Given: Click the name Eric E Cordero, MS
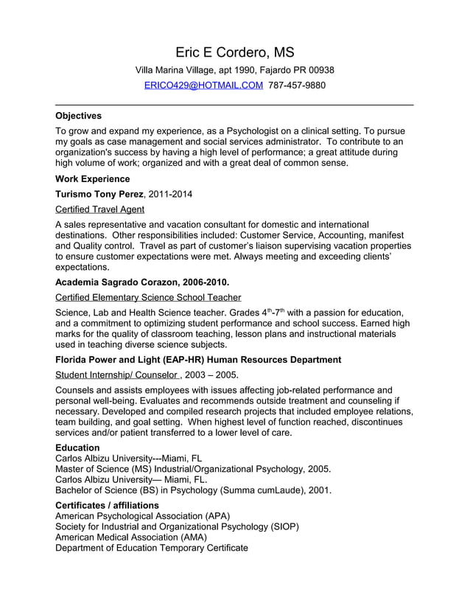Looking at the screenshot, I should coord(234,52).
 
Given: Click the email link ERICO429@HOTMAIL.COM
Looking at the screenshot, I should coord(203,86).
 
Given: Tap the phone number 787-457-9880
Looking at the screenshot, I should coord(297,86).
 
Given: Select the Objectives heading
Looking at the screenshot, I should coord(79,116).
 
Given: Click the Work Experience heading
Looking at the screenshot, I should coord(93,179).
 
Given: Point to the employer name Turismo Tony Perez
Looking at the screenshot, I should coord(99,194).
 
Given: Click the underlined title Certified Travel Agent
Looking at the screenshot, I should coord(100,209).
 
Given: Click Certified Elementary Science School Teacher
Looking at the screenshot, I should coord(148,297).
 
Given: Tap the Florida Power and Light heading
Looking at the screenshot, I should coord(198,360).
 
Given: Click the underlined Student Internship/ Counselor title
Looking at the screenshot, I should coord(116,375).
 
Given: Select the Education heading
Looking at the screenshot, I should coord(77,448).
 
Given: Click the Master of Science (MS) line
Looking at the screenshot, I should coord(193,468).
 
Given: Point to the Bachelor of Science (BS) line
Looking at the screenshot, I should coord(193,489).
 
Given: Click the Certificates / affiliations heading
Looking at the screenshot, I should coord(107,505).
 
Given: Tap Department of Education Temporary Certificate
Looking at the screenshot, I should coord(152,548).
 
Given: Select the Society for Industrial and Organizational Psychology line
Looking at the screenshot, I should coord(177,526).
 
